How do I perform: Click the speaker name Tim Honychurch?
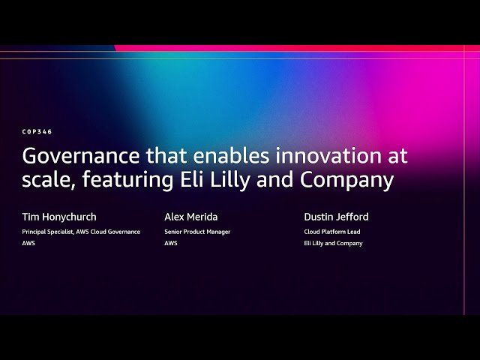point(59,217)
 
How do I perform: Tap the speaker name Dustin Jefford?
point(336,217)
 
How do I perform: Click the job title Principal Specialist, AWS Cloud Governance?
point(81,232)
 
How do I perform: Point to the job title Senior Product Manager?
point(197,232)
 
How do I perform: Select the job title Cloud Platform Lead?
point(331,232)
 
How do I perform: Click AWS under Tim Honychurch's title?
point(28,244)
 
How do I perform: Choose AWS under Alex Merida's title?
point(171,244)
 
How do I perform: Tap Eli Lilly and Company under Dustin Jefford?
point(333,244)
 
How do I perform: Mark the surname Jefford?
point(352,217)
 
